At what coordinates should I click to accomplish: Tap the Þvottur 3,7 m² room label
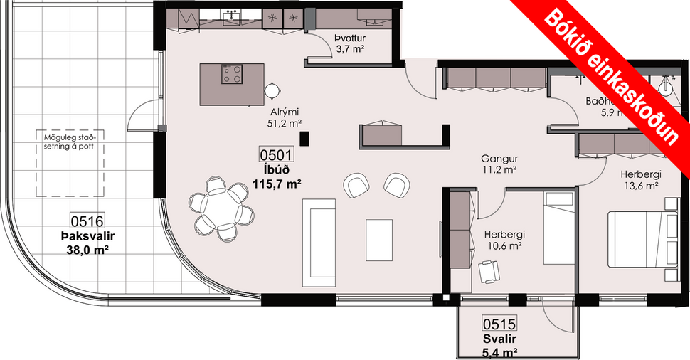pyautogui.click(x=349, y=44)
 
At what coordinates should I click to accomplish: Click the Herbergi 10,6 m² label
pyautogui.click(x=504, y=240)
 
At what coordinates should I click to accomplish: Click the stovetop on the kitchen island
pyautogui.click(x=232, y=74)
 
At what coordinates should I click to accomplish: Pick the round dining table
pyautogui.click(x=220, y=208)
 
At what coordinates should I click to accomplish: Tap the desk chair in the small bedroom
pyautogui.click(x=489, y=271)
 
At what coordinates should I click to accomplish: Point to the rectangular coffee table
pyautogui.click(x=379, y=240)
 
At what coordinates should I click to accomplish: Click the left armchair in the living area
pyautogui.click(x=356, y=186)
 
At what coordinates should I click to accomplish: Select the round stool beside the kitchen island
pyautogui.click(x=272, y=90)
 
